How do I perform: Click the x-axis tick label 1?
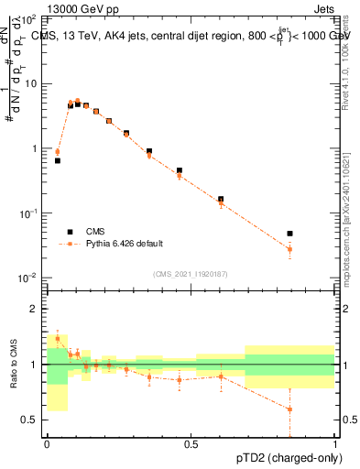(x=334, y=444)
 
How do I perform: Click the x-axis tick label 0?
(x=47, y=444)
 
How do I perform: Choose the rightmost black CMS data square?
(x=289, y=234)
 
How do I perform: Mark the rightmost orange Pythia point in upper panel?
(x=289, y=249)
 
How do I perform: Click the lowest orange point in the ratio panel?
(x=289, y=409)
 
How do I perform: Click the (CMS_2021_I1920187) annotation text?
(x=190, y=273)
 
